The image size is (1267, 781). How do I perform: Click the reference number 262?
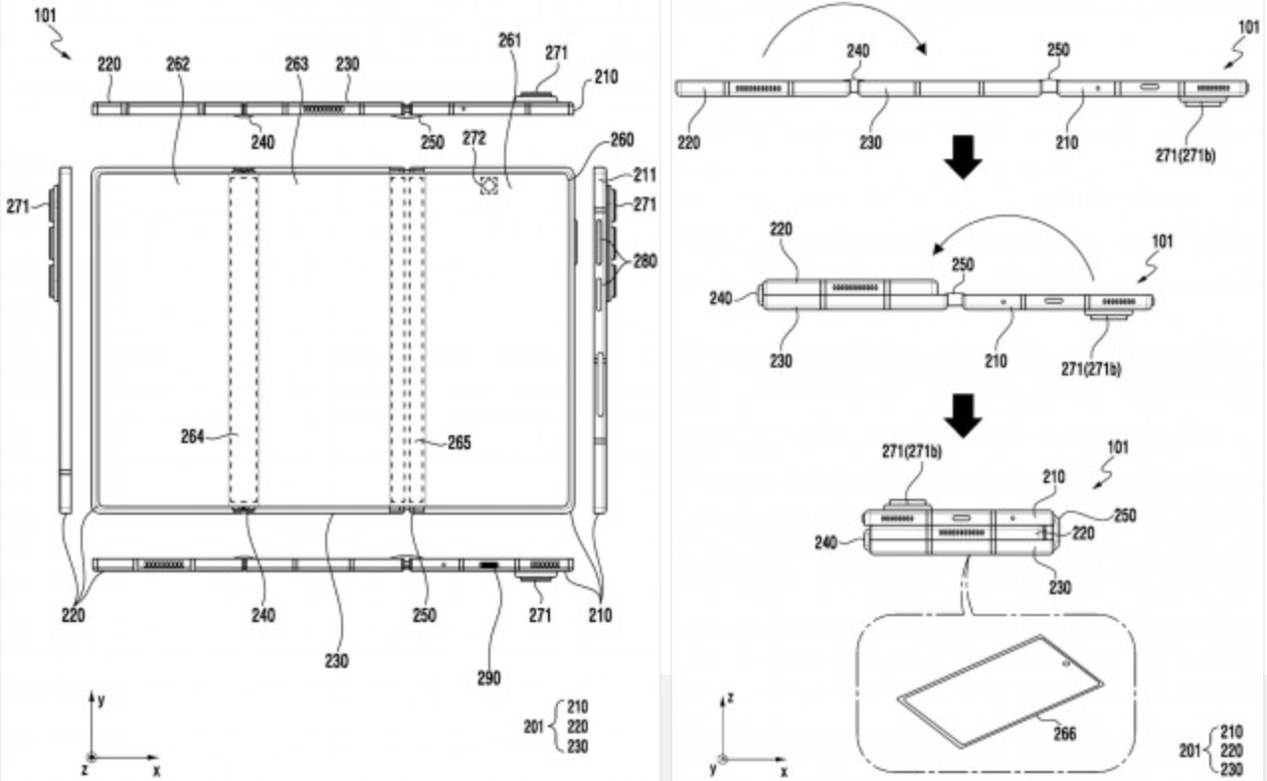tap(178, 65)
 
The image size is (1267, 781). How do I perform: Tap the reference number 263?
tap(295, 65)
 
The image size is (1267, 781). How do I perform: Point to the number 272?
tap(473, 138)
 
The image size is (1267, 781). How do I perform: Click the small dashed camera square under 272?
tap(488, 185)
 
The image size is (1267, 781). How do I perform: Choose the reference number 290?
tap(487, 678)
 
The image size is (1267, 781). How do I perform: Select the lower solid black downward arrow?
tap(962, 416)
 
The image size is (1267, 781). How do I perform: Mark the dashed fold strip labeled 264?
tap(244, 338)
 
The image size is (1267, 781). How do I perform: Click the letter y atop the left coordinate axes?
tap(101, 699)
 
